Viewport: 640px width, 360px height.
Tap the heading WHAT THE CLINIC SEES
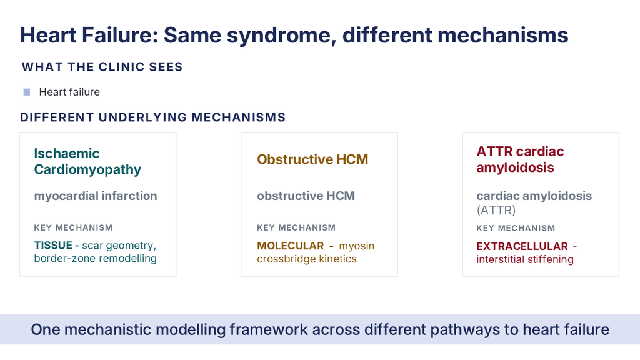102,67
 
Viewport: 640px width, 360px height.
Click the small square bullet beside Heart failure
27,92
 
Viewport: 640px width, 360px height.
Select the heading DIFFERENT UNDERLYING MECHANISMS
152,117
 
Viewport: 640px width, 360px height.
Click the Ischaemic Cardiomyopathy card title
87,161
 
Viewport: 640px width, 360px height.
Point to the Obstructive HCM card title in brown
312,159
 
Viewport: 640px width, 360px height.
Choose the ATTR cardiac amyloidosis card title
520,159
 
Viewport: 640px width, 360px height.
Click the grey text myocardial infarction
96,196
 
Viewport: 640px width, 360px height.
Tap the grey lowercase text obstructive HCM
306,196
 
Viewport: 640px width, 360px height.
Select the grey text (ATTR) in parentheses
496,211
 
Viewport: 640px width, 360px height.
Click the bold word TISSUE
53,245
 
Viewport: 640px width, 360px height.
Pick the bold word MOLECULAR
290,246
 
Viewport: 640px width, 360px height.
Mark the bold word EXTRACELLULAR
522,246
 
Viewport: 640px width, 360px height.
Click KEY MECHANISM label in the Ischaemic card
73,227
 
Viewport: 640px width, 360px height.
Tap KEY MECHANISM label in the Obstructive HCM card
296,227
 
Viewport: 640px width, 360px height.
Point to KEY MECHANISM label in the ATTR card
516,228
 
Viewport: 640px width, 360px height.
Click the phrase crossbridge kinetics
307,259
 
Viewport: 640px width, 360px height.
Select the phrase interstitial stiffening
525,259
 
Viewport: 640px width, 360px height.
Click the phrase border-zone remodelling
95,259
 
